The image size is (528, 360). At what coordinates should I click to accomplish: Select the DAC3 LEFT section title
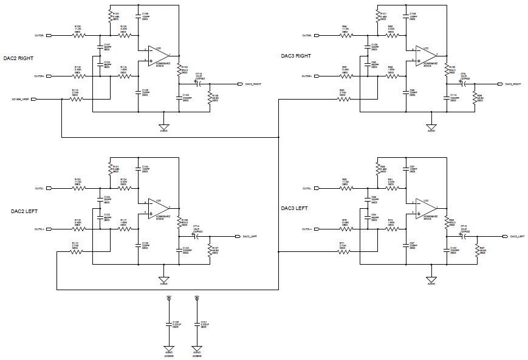(294, 208)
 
